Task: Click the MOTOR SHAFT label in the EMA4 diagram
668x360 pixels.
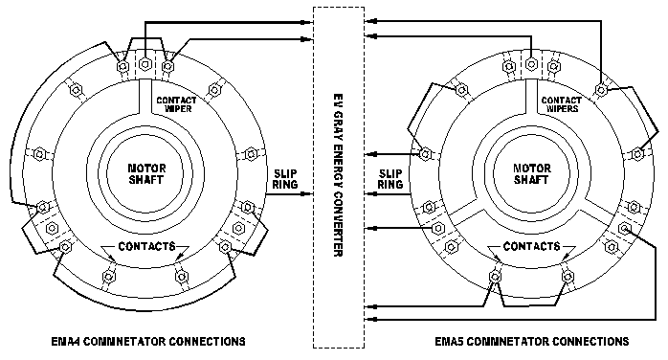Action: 147,174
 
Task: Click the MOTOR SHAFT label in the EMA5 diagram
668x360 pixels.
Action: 532,174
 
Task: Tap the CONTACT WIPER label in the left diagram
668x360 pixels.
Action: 176,104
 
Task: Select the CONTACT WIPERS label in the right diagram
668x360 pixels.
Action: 562,104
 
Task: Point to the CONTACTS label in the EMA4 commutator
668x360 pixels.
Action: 147,246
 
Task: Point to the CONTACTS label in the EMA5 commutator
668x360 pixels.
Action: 532,246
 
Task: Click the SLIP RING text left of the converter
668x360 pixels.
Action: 285,179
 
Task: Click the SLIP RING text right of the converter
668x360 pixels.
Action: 390,179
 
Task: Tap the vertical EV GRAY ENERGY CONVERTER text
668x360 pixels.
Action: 338,174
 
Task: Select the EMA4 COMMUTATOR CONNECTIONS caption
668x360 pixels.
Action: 148,341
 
